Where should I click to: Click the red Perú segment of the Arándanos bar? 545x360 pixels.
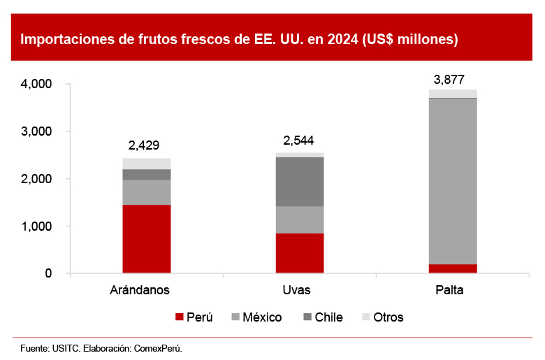147,238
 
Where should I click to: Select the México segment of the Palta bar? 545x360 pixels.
453,181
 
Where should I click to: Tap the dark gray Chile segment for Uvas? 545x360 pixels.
300,182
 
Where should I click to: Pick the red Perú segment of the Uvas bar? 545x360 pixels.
300,253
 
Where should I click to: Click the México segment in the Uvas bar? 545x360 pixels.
300,219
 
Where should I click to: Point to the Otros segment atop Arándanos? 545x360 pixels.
147,164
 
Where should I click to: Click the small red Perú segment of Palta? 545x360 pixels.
453,268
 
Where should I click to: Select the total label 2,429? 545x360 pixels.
144,146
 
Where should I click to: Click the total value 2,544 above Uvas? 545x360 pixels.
299,140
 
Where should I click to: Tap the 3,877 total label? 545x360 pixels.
449,79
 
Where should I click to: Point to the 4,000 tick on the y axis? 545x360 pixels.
38,84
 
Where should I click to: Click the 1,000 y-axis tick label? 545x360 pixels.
38,226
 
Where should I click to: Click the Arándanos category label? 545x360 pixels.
140,289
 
